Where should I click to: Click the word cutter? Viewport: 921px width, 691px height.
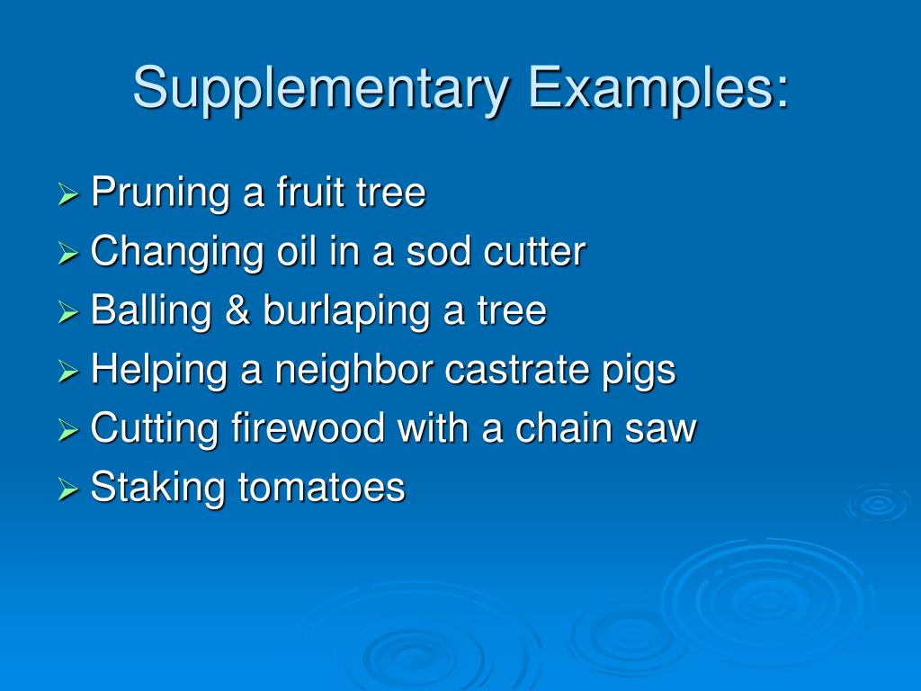[x=534, y=252]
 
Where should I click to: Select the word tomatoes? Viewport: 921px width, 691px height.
[x=321, y=488]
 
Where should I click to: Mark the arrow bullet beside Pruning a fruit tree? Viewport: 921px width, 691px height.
[x=68, y=195]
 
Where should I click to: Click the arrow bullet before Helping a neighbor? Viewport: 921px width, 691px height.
[x=68, y=372]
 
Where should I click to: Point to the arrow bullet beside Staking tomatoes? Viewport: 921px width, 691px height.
[x=68, y=489]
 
